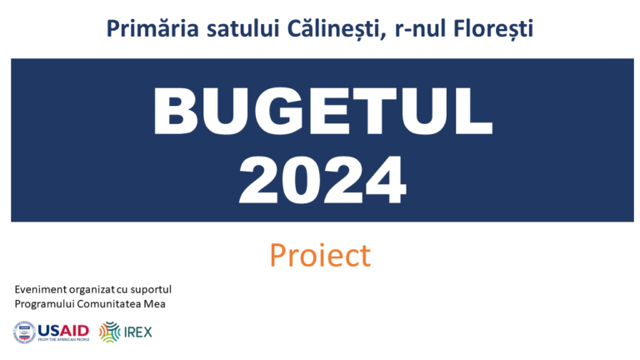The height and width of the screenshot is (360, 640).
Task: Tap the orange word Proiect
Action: [319, 256]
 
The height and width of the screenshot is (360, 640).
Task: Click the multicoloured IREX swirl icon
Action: [109, 332]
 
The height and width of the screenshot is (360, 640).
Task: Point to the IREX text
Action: [137, 332]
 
